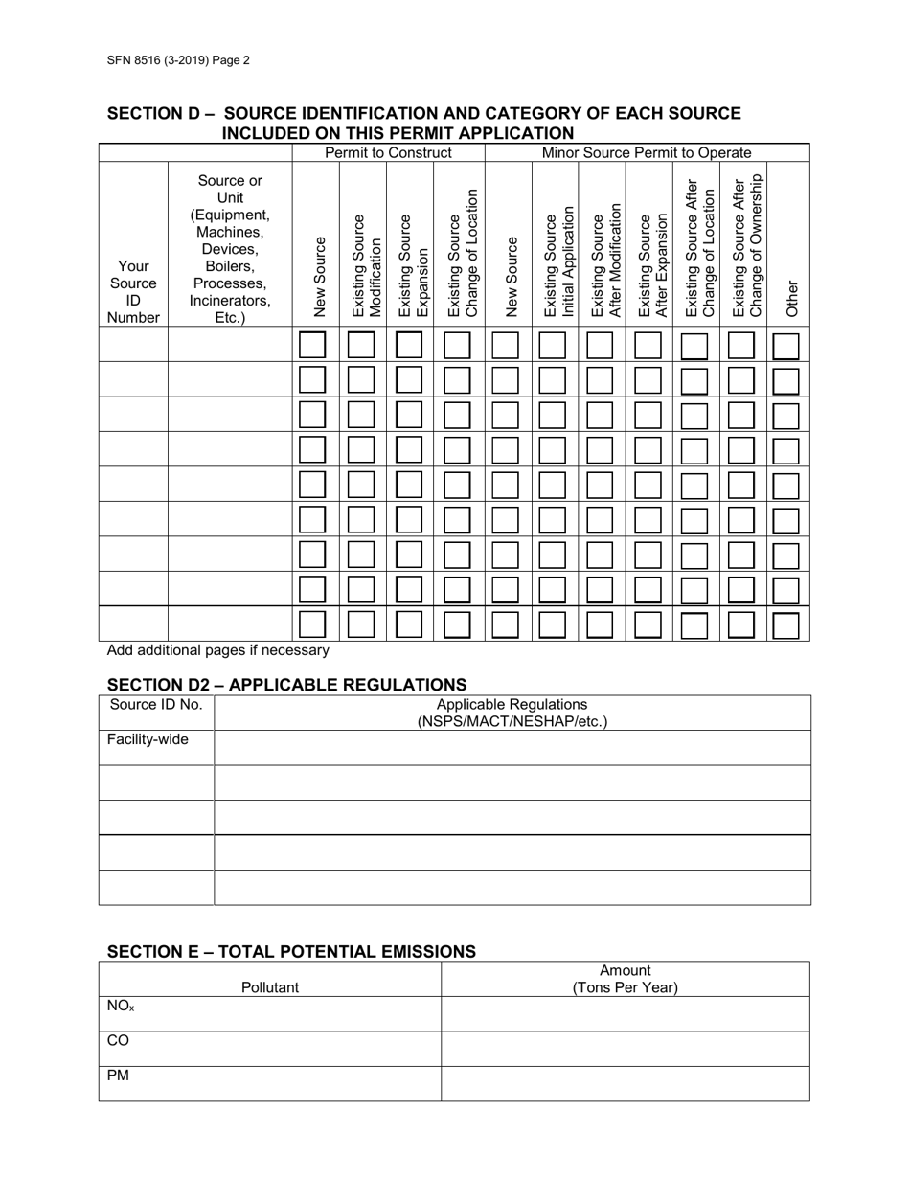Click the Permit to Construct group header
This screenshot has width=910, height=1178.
[x=388, y=153]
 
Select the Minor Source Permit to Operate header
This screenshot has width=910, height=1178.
[x=647, y=153]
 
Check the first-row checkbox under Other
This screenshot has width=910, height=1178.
[x=785, y=346]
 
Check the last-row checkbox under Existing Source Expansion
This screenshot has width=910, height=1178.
[x=409, y=624]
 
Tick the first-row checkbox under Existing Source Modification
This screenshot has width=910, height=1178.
[x=361, y=345]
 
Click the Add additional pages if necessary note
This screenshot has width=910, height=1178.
[x=218, y=650]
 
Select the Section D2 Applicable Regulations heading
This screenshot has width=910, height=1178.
[x=286, y=684]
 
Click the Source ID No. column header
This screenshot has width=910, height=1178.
[x=156, y=705]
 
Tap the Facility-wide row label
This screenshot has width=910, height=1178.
[x=148, y=739]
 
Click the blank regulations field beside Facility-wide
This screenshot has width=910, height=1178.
[x=512, y=747]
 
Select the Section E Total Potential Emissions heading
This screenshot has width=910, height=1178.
[x=291, y=951]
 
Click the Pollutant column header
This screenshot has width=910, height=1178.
[x=270, y=987]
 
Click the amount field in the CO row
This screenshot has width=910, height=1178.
[x=625, y=1049]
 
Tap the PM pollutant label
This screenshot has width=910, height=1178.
[x=118, y=1076]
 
